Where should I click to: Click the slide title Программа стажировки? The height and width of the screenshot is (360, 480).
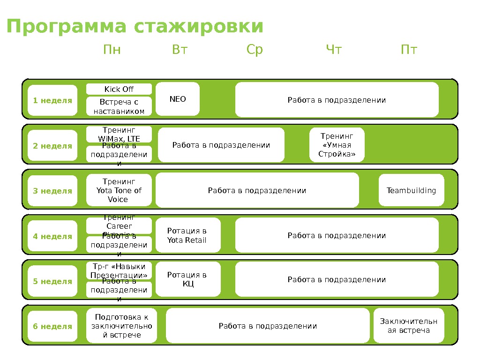click(x=135, y=27)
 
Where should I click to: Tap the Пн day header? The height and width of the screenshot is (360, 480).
click(x=112, y=50)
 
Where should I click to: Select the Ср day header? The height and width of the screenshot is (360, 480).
click(x=255, y=50)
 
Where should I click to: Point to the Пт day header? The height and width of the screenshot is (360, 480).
click(x=409, y=50)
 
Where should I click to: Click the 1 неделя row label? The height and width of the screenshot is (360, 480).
click(x=52, y=100)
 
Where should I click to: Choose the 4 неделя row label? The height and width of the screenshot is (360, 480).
click(x=52, y=236)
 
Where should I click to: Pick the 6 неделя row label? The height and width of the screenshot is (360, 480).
click(x=52, y=326)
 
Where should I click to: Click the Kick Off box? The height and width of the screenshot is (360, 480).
click(x=119, y=89)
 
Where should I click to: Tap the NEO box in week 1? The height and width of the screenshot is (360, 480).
click(x=178, y=99)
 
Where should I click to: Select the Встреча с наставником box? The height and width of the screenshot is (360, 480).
click(x=119, y=106)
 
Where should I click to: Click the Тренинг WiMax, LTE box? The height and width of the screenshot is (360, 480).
click(x=119, y=133)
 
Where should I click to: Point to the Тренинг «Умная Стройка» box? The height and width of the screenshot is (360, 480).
click(x=337, y=145)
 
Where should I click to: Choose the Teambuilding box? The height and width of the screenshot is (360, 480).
click(x=411, y=190)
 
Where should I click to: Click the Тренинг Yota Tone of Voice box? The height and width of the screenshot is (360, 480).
click(x=119, y=190)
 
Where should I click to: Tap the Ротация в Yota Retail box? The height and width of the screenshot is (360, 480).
click(x=187, y=236)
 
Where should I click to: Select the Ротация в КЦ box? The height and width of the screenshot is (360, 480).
click(x=187, y=279)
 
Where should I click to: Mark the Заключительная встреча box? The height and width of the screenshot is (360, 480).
click(x=408, y=326)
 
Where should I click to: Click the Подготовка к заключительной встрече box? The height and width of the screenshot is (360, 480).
click(x=121, y=326)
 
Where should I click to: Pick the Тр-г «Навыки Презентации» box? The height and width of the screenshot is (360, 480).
click(x=119, y=271)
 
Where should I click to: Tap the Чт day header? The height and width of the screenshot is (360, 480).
click(x=334, y=50)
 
